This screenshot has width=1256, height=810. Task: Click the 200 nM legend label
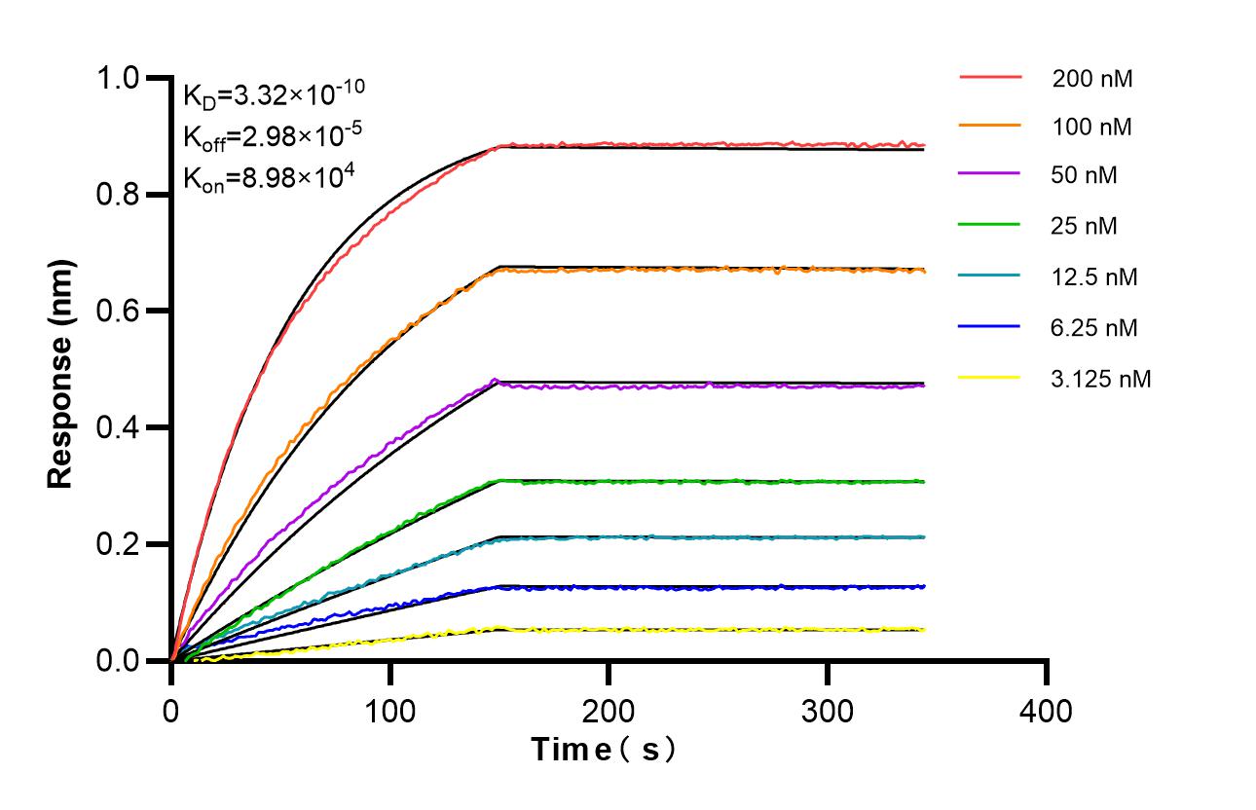point(1091,79)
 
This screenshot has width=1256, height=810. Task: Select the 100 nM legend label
point(1091,127)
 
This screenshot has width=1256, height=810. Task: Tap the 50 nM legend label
point(1085,176)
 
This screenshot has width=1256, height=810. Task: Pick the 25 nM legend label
point(1085,227)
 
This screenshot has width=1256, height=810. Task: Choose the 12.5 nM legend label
point(1094,277)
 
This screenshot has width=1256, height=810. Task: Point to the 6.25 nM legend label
point(1094,328)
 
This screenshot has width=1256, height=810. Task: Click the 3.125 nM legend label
point(1101,379)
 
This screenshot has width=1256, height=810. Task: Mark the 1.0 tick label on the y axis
point(118,78)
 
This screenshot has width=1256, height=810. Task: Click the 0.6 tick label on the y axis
point(118,312)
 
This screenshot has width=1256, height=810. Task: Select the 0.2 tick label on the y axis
point(118,544)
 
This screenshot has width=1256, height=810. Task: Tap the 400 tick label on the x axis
point(1047,711)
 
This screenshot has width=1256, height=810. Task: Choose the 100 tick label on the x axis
point(389,711)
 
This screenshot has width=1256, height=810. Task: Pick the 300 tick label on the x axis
point(828,711)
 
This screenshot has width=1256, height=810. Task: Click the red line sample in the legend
point(989,75)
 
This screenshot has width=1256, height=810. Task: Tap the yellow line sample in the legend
point(989,376)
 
